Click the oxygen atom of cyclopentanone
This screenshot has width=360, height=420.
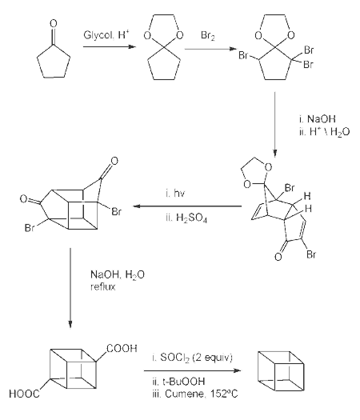click(54, 23)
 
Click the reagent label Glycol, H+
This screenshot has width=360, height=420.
click(106, 35)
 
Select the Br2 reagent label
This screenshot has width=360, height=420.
click(207, 36)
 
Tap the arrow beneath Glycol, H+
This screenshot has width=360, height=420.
click(110, 47)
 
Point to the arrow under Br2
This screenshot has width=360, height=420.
click(211, 49)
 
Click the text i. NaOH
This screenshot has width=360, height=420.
click(317, 118)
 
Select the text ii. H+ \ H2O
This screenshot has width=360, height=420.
click(324, 132)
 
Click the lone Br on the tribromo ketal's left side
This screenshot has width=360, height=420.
click(243, 55)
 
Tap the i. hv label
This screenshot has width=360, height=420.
click(175, 193)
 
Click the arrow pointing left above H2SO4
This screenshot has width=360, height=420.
click(187, 206)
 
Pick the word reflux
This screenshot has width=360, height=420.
click(103, 287)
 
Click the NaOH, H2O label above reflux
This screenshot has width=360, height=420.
click(118, 275)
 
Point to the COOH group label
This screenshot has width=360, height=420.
click(122, 348)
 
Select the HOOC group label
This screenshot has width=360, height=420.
click(24, 394)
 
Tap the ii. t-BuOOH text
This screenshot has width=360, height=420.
click(178, 381)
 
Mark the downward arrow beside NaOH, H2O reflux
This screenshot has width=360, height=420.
click(70, 288)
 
